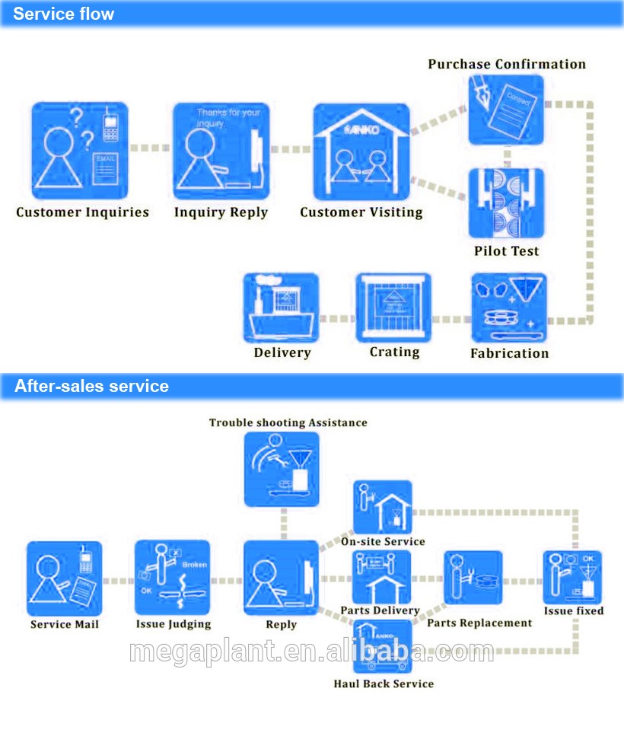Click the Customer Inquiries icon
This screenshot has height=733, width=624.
[80, 150]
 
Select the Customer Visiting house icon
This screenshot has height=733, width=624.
[361, 152]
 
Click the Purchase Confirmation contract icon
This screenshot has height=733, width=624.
[506, 110]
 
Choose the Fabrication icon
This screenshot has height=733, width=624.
[508, 308]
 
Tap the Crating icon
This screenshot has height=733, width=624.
[393, 308]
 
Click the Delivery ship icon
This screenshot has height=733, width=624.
[282, 308]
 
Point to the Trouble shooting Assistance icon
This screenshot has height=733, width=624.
[282, 469]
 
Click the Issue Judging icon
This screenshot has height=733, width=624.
[172, 578]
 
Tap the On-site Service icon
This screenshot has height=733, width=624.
[383, 507]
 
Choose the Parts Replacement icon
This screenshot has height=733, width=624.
[473, 578]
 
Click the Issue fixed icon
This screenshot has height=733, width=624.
[573, 578]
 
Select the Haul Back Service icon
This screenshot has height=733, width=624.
[383, 647]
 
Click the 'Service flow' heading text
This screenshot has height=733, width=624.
[64, 14]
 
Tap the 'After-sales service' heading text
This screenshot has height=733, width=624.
[91, 386]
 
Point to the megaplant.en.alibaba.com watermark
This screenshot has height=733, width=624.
[312, 652]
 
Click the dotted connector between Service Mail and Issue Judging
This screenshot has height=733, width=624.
[118, 581]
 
